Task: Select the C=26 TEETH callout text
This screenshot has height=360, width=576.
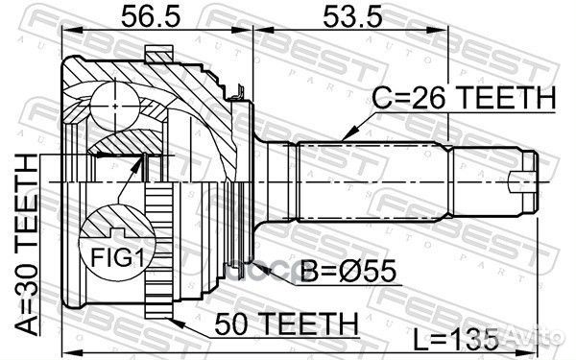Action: point(465,97)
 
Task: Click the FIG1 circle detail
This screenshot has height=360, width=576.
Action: point(112,241)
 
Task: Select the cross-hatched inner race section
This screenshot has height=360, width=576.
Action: point(120,145)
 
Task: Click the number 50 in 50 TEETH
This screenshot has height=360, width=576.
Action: point(239,321)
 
